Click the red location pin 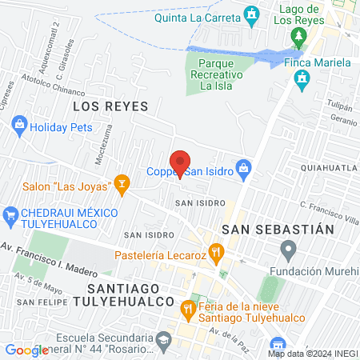click(180, 162)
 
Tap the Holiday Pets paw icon click(20, 126)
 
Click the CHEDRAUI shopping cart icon click(10, 214)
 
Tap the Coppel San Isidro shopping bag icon click(246, 170)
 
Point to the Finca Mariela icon click(302, 78)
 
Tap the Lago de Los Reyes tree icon click(298, 37)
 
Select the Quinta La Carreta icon click(253, 14)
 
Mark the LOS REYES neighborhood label click(106, 106)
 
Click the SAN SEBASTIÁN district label click(277, 229)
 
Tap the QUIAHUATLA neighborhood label click(328, 168)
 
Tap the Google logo click(26, 350)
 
